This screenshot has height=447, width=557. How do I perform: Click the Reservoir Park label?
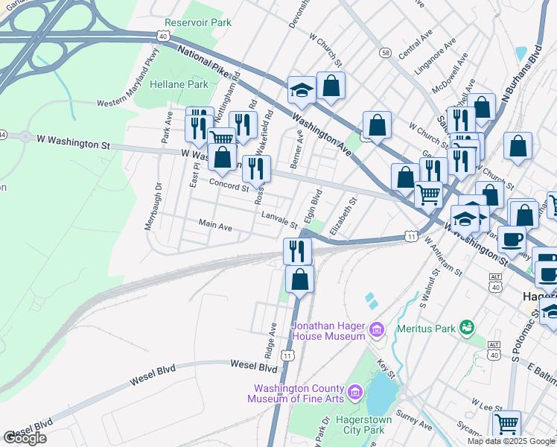tap(198, 23)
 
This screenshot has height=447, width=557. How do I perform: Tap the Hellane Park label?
tap(179, 84)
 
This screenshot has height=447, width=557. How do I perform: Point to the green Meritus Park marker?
tap(467, 327)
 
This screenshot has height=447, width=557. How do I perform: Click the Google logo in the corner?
tap(25, 438)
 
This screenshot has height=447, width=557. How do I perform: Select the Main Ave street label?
tap(215, 223)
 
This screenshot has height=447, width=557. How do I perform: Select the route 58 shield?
tap(385, 52)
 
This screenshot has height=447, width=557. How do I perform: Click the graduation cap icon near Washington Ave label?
tap(302, 90)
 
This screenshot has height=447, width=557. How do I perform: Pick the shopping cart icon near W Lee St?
tap(506, 423)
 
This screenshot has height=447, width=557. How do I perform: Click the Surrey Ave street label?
tap(415, 419)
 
